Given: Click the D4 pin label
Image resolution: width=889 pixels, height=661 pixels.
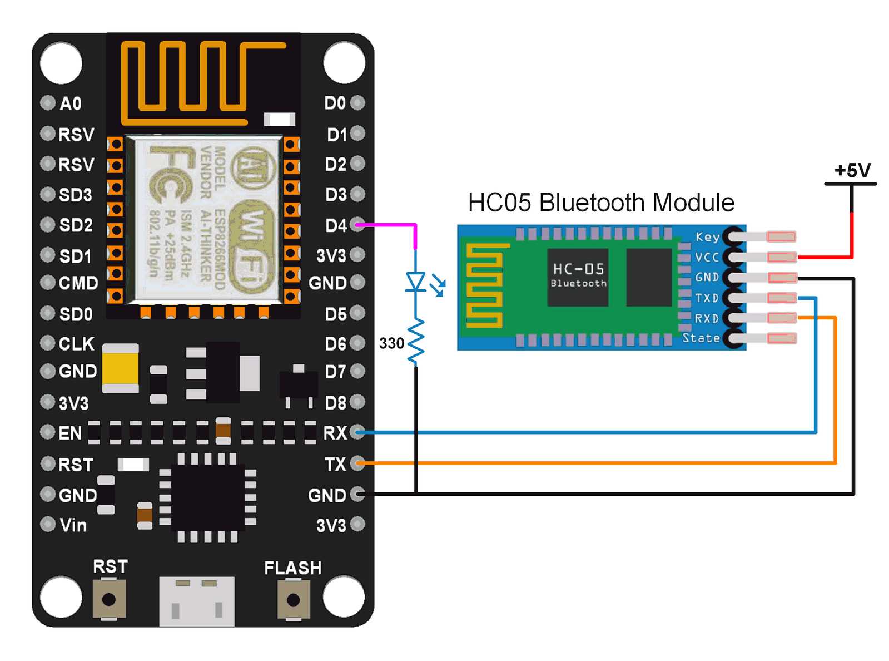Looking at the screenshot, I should [336, 225].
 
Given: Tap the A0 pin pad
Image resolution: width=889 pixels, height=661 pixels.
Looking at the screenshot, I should [48, 103].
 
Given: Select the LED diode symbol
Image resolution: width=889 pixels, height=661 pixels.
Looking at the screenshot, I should [416, 282].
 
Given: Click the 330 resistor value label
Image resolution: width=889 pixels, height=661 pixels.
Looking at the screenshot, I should [391, 343].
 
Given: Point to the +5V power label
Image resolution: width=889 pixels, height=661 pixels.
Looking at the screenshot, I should [852, 170].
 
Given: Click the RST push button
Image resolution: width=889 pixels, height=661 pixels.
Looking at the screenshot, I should [109, 599].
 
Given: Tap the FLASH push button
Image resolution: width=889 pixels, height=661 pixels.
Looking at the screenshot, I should [293, 600].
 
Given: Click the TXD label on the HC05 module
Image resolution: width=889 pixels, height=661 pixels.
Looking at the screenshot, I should [707, 298].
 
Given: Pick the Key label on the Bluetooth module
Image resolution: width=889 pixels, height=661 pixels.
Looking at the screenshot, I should [707, 237].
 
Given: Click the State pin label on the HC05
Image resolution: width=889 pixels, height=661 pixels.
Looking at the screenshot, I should [701, 338].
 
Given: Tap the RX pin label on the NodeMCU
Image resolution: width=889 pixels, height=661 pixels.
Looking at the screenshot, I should [335, 433].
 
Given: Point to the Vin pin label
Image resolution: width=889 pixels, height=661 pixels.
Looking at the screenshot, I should [73, 525].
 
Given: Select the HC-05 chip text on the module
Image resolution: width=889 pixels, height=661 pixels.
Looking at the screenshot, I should [578, 269].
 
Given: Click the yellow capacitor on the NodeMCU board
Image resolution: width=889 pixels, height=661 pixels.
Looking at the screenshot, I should [121, 368].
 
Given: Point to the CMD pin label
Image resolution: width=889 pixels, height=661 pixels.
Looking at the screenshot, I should [78, 283].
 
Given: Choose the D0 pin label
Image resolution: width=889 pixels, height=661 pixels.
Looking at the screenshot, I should [335, 103].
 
